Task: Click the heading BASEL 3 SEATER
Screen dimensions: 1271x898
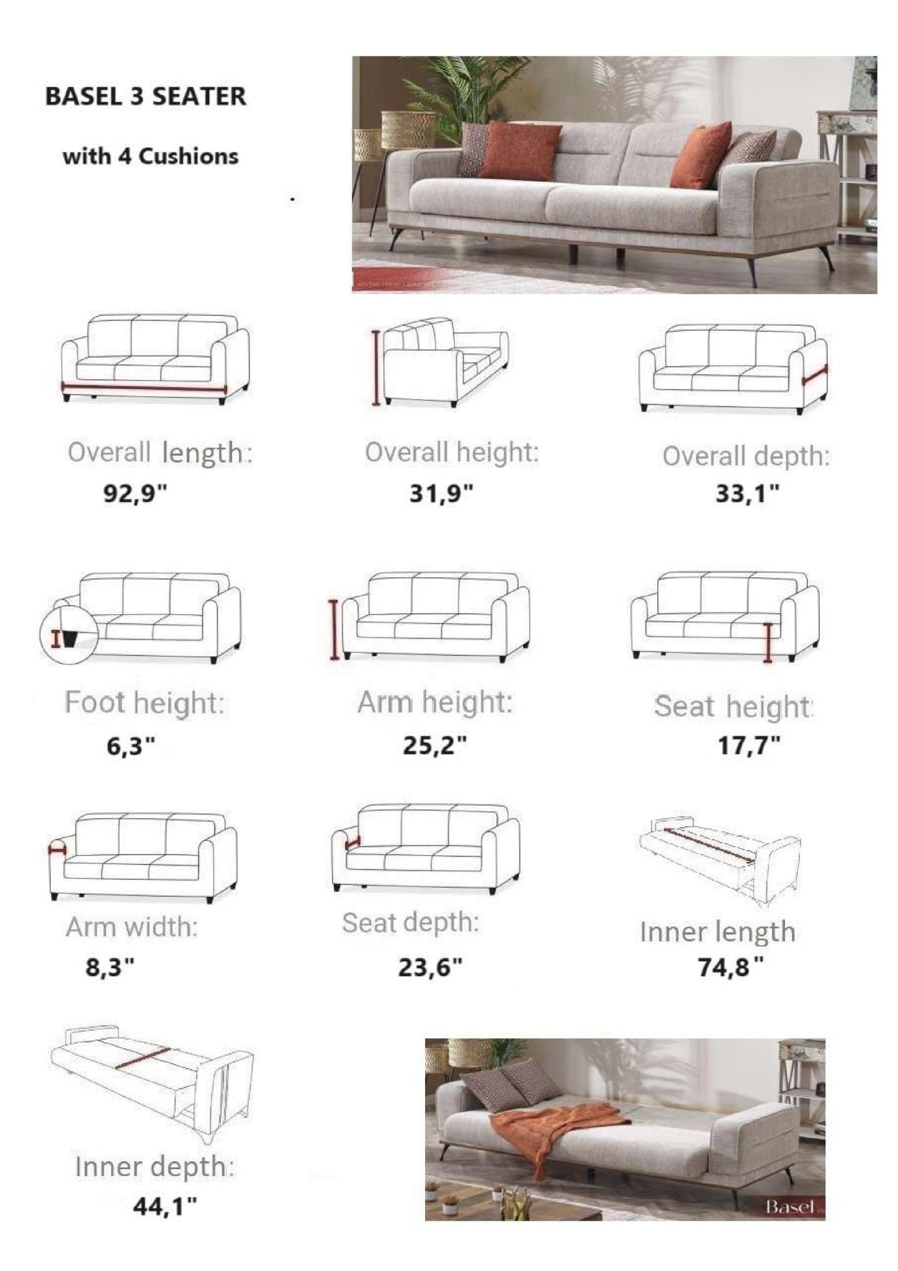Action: (146, 97)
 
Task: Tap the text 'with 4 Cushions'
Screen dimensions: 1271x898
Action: (150, 156)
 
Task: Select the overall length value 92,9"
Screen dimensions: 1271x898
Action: (135, 494)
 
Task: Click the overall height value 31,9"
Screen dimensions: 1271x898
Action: (441, 494)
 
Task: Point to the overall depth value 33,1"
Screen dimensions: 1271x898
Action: (747, 494)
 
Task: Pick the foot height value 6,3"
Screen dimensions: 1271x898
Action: (130, 746)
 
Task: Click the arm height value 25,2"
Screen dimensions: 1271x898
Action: (434, 745)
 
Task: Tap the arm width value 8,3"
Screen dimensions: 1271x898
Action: (110, 968)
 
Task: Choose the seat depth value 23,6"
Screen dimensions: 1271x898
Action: (430, 968)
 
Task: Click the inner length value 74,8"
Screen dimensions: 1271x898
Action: (730, 968)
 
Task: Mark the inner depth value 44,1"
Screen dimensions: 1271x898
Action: (165, 1206)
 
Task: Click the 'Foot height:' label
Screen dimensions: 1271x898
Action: (144, 703)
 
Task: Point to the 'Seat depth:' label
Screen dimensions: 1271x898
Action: (410, 923)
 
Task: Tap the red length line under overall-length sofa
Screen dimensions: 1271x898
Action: (144, 388)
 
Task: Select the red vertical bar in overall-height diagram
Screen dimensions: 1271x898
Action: (376, 368)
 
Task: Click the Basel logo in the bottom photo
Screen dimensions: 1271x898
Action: (789, 1206)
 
